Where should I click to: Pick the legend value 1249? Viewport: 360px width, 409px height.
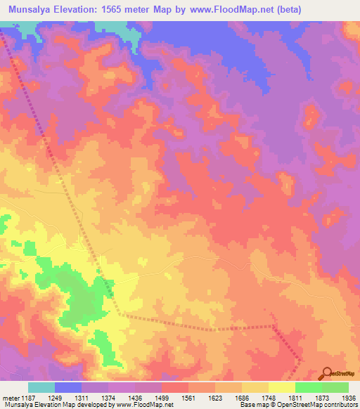click(x=68, y=398)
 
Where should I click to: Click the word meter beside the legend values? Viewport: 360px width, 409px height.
click(x=11, y=398)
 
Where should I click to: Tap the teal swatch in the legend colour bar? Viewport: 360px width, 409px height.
click(x=41, y=387)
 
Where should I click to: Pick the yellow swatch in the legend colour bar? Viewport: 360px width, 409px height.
click(x=282, y=387)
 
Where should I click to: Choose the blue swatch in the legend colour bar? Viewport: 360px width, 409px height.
click(x=68, y=387)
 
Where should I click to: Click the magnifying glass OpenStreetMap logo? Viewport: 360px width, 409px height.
click(x=328, y=372)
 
